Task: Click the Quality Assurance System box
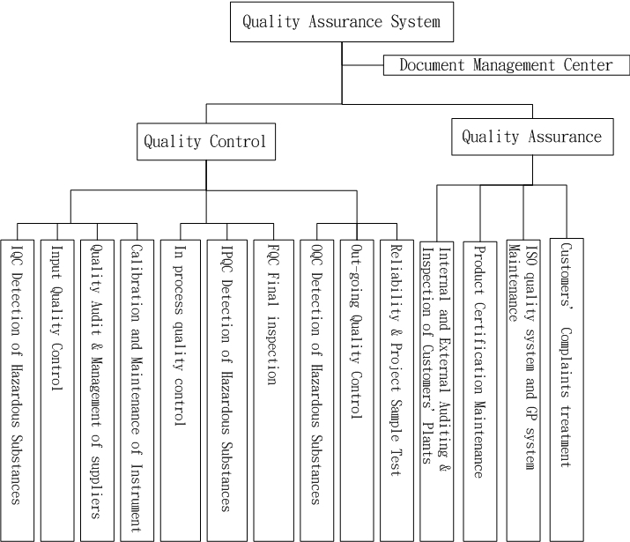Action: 342,21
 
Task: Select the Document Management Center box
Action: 506,65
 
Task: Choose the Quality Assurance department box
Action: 531,137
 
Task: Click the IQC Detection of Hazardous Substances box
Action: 17,388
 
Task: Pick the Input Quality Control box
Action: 56,388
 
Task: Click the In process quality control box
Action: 181,388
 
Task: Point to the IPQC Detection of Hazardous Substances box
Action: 226,388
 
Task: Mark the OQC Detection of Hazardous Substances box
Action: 315,388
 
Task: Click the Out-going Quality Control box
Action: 357,388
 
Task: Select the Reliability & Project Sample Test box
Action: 396,388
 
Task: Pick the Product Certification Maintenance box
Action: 480,388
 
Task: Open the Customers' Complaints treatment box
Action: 566,388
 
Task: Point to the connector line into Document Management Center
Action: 362,65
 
